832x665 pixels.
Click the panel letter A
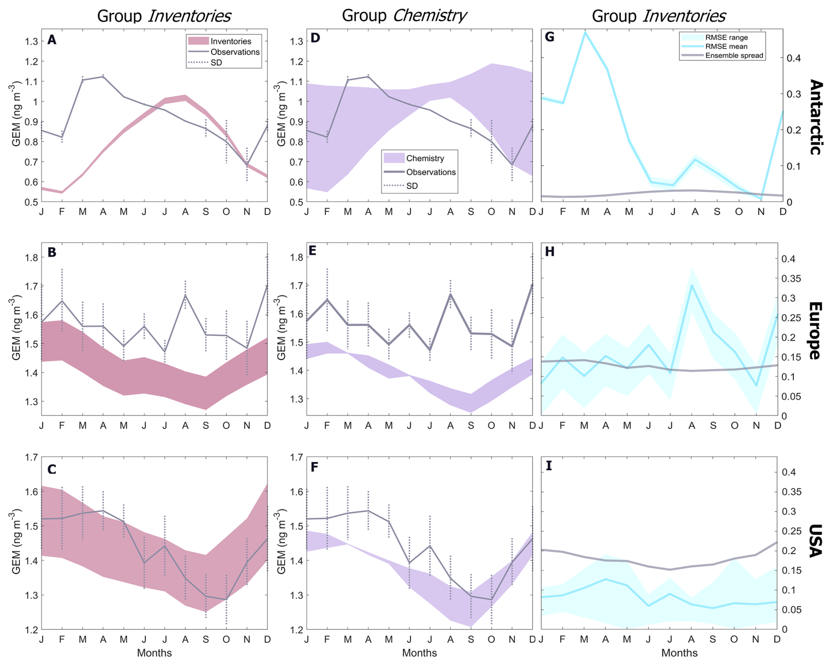pos(52,40)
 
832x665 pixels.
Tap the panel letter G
pos(550,37)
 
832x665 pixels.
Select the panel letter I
pos(549,466)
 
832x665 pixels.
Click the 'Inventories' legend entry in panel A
pos(230,41)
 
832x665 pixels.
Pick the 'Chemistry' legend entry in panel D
pos(425,158)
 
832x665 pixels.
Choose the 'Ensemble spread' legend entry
pos(734,56)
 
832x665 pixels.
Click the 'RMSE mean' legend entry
pos(726,47)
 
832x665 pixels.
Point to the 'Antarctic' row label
pos(816,117)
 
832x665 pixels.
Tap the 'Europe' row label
pos(816,331)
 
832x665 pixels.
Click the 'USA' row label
pos(816,541)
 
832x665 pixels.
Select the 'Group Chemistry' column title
pos(404,15)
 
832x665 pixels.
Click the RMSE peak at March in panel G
pos(585,32)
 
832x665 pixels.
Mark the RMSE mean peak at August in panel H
pos(692,285)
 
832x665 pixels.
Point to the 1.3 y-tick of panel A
pos(32,41)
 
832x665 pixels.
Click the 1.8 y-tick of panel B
pos(32,258)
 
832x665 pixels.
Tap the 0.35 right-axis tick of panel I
pos(791,492)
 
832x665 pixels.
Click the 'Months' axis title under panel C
pos(154,653)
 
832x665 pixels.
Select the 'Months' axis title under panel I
pos(679,653)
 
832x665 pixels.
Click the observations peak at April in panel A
pos(103,76)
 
